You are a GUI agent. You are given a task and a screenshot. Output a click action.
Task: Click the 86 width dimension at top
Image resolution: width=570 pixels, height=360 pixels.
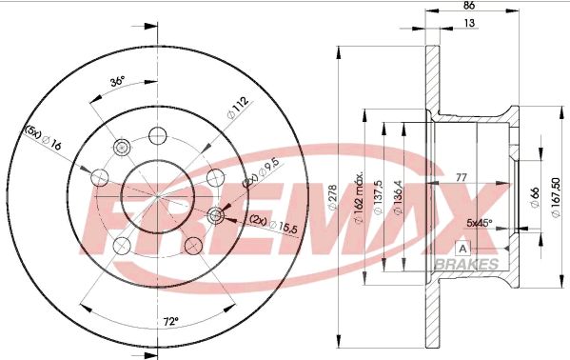(x=469, y=6)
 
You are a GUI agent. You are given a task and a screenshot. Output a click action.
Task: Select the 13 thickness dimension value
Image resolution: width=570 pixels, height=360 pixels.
(x=470, y=23)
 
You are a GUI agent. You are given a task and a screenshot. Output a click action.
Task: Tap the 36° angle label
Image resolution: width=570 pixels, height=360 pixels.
(x=117, y=81)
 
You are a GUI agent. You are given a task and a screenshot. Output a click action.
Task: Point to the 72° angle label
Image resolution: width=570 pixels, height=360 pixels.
(x=170, y=321)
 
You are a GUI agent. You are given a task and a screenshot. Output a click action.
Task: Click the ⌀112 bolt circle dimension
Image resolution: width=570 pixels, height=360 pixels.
(x=238, y=108)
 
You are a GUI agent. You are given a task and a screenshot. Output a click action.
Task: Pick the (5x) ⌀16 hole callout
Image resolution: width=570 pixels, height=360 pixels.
(x=43, y=138)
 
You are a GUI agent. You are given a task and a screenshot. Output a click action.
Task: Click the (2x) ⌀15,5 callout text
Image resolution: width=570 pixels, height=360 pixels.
(x=274, y=224)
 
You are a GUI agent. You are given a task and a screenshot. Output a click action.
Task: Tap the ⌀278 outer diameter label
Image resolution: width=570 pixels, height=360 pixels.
(x=333, y=198)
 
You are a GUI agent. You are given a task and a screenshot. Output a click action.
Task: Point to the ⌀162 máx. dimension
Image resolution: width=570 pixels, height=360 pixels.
(x=359, y=198)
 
